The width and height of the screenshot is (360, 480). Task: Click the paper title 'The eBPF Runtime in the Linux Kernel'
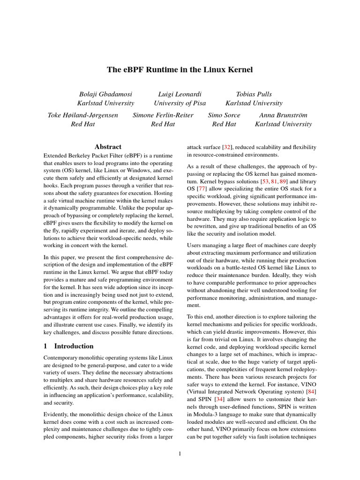click(x=180, y=70)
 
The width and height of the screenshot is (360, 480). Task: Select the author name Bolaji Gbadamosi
click(x=105, y=94)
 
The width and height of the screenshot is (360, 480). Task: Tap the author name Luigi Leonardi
click(x=180, y=94)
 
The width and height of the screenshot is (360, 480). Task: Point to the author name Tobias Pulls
click(x=254, y=94)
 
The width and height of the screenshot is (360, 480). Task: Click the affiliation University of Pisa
click(x=180, y=103)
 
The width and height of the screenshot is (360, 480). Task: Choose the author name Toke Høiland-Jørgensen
click(x=83, y=115)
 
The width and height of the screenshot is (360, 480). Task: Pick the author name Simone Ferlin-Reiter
click(x=163, y=115)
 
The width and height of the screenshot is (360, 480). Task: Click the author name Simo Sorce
click(x=224, y=115)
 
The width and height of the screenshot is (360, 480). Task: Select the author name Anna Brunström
click(x=283, y=115)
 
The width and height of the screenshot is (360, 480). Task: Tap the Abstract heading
click(x=108, y=147)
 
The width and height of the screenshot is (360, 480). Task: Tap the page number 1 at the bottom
click(x=180, y=453)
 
